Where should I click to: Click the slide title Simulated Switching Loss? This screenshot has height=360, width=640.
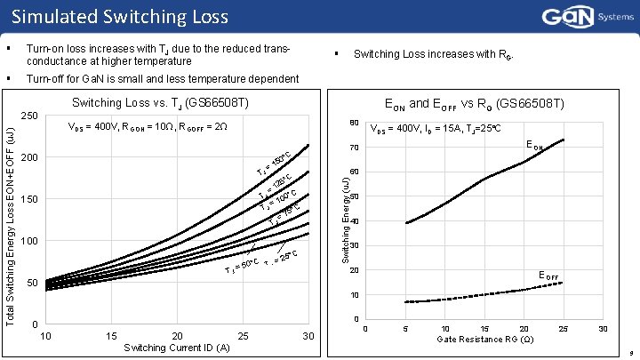120,16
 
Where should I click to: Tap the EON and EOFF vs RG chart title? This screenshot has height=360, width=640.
471,104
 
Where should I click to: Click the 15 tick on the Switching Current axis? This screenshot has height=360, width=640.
111,335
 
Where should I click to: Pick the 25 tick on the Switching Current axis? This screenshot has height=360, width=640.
243,335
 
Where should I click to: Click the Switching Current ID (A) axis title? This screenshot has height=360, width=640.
177,348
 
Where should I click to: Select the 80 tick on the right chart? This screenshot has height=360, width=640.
354,123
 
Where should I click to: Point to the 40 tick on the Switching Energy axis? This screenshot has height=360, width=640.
354,221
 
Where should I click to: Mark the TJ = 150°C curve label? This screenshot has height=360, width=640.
273,159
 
